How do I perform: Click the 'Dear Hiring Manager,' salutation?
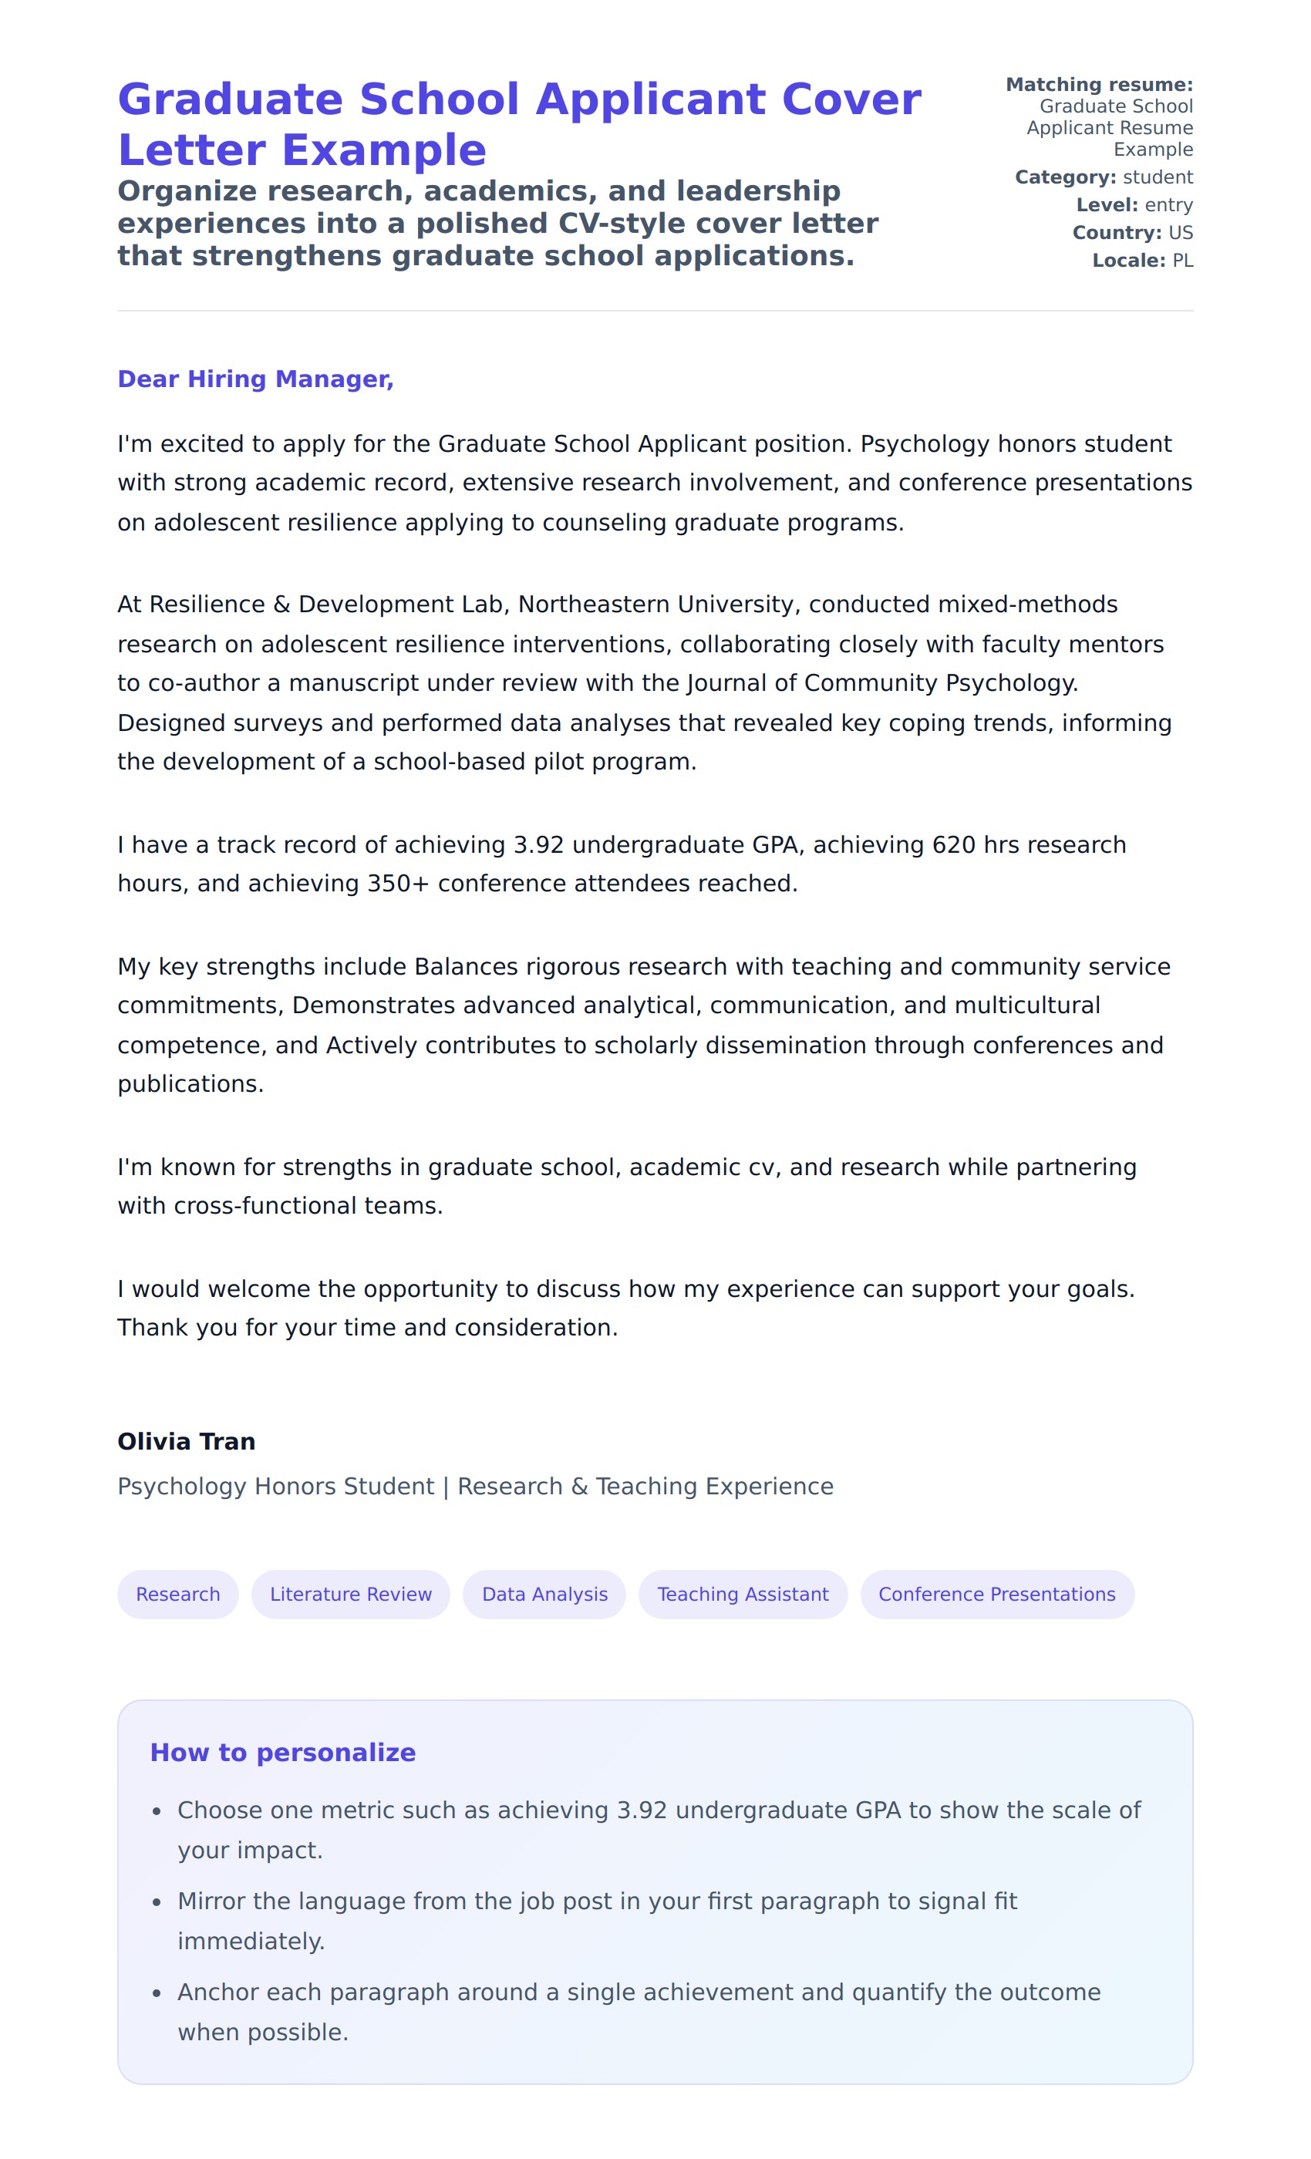(255, 379)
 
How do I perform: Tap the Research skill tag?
(178, 1594)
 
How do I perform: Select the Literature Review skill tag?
(351, 1594)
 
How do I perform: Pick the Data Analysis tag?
(544, 1594)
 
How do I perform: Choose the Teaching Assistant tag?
(742, 1594)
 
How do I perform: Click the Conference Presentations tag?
(996, 1594)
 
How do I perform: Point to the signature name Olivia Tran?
(187, 1441)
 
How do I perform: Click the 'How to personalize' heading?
(283, 1753)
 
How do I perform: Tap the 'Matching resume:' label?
(1099, 85)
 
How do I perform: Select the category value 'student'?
(1158, 178)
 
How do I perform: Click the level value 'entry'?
(1169, 205)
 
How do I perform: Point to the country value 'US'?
(1181, 233)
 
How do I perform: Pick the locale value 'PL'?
(1182, 261)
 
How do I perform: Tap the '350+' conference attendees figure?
(398, 883)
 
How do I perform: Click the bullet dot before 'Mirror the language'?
(157, 1902)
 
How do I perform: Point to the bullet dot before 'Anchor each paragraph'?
(157, 1993)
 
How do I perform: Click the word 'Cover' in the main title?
(850, 99)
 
